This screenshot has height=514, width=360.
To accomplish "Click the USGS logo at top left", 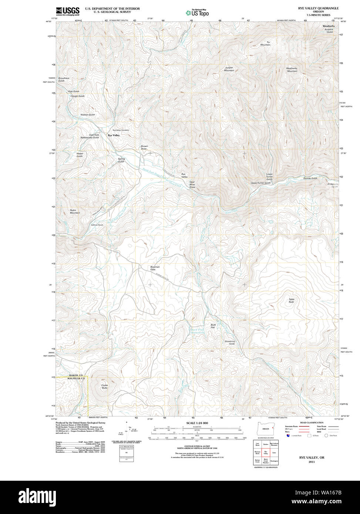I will click(x=67, y=11).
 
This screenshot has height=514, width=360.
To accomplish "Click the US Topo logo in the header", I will click(x=197, y=13).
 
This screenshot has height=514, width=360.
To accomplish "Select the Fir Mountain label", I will click(x=265, y=43).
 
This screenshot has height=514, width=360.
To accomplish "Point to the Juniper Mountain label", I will click(x=229, y=69).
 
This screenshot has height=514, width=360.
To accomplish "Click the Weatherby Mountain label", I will click(x=292, y=70).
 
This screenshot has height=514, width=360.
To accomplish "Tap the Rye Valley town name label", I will click(x=114, y=136).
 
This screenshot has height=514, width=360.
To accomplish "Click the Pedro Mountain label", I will click(x=75, y=212).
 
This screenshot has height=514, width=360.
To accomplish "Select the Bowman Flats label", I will click(x=155, y=268).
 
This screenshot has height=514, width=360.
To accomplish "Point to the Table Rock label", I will click(x=292, y=301).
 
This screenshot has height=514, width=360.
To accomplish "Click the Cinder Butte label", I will click(x=105, y=386).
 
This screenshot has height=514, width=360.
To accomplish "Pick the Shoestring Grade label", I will click(x=229, y=342).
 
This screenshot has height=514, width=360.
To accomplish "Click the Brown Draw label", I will click(x=144, y=147).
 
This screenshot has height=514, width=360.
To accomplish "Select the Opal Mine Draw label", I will click(x=192, y=185).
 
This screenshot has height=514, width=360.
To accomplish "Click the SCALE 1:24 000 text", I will click(x=197, y=423).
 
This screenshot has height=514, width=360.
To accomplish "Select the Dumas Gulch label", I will click(x=310, y=178).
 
